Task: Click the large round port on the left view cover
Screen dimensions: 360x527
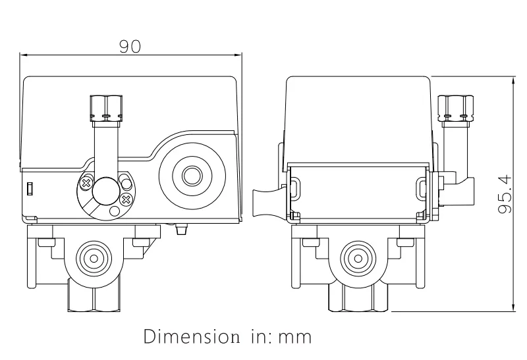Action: (192, 176)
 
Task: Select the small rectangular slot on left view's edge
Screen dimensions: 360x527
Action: (30, 189)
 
